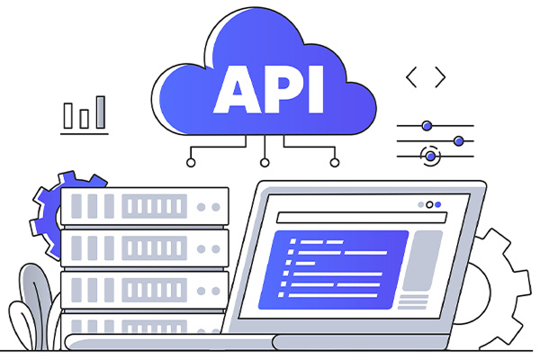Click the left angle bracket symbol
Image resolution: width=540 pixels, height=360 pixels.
pos(411,77)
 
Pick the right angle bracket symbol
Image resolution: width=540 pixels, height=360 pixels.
pos(440,77)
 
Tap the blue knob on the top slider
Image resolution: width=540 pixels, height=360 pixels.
pos(427,125)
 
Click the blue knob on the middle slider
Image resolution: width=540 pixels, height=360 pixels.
pos(458,140)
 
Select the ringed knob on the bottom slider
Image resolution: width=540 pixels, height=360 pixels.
pos(430,156)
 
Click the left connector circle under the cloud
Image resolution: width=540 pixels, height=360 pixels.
pos(191,163)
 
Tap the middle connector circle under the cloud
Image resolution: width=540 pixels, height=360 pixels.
pos(264,163)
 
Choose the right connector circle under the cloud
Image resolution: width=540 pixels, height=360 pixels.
pos(335,163)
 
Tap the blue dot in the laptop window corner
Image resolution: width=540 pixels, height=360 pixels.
pos(438,204)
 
